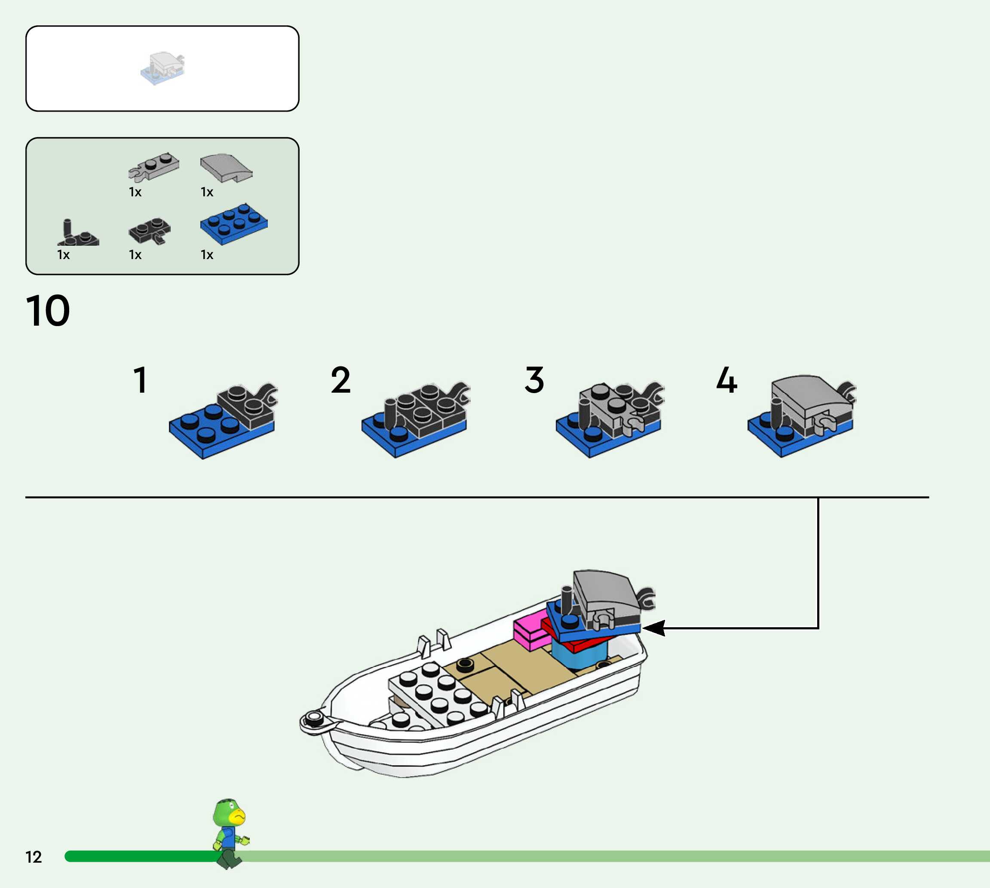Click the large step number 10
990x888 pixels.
click(48, 310)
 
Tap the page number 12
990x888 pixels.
click(34, 857)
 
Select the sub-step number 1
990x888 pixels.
click(141, 380)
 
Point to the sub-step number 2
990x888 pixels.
click(340, 380)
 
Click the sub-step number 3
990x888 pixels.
click(534, 380)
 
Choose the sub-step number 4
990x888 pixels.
click(726, 380)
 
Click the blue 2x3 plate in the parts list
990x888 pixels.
click(234, 224)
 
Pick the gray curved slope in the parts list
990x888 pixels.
click(226, 168)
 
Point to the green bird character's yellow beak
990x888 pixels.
click(238, 816)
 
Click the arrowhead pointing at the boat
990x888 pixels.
click(654, 628)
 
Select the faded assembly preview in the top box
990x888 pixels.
click(162, 68)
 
